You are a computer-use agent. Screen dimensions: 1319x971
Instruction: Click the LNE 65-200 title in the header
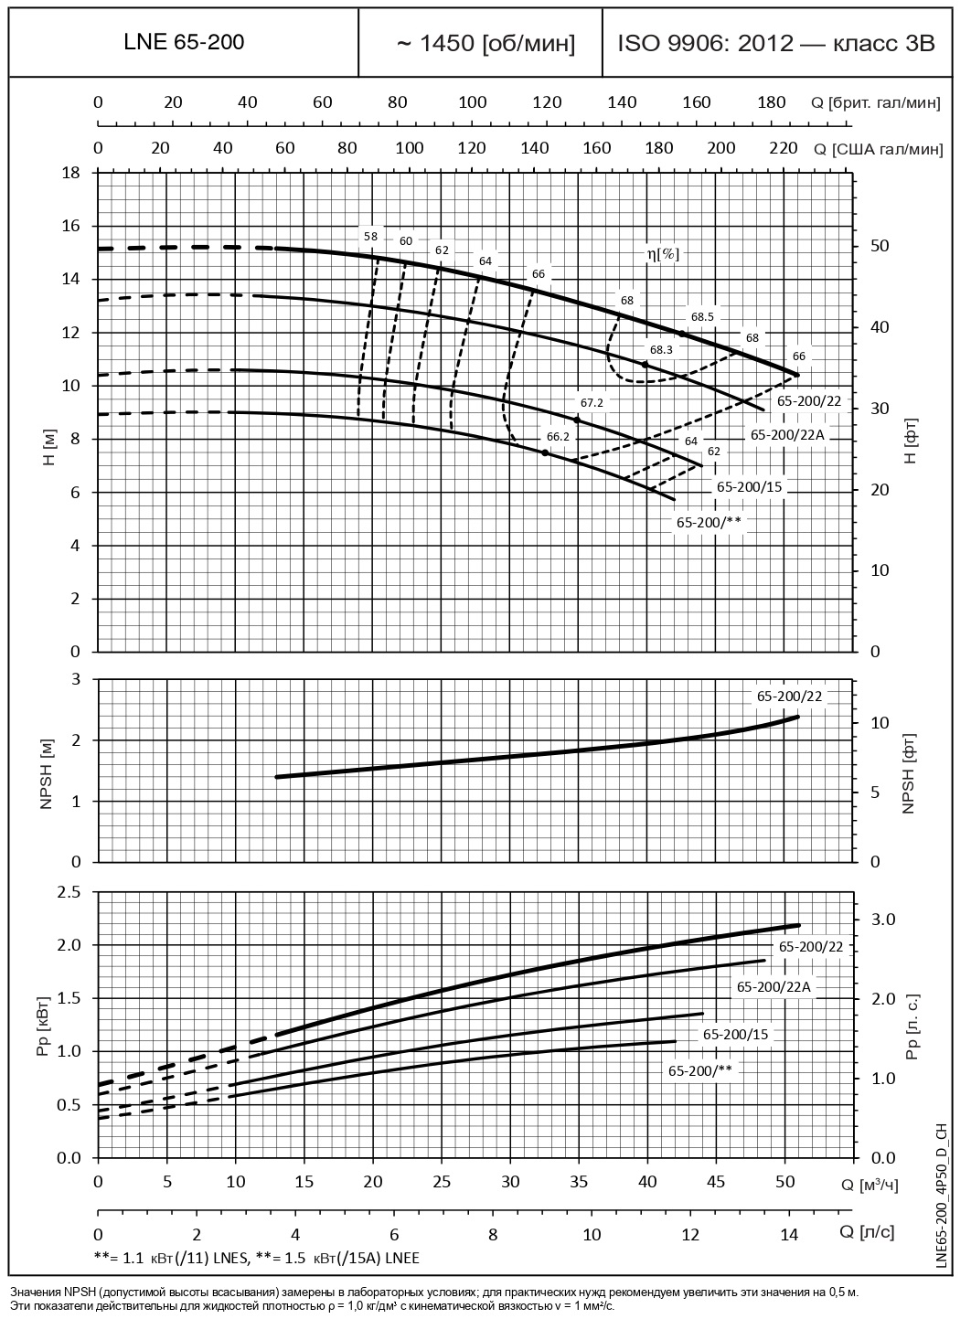(x=184, y=42)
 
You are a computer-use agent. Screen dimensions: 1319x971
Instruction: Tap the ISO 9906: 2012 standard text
(x=776, y=43)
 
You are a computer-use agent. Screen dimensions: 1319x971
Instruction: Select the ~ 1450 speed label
(x=485, y=43)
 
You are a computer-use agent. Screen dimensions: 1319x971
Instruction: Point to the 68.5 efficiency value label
(x=702, y=316)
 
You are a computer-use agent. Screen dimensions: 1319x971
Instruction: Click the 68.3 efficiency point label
(x=661, y=349)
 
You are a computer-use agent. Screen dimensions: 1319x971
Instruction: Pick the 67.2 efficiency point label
(x=592, y=402)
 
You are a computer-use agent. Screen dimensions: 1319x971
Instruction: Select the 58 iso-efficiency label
(x=370, y=236)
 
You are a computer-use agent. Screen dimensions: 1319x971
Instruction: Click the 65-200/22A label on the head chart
(x=787, y=435)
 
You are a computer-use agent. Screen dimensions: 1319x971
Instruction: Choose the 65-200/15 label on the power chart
(x=736, y=1035)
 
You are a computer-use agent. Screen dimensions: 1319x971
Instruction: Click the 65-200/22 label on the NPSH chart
(x=789, y=696)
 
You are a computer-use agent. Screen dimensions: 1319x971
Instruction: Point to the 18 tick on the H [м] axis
(x=72, y=173)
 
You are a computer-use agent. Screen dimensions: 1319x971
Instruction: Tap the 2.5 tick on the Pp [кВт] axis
(x=69, y=891)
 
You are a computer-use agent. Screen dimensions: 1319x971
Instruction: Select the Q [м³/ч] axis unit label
(x=870, y=1186)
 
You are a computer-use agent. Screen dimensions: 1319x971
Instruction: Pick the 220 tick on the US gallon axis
(x=784, y=148)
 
